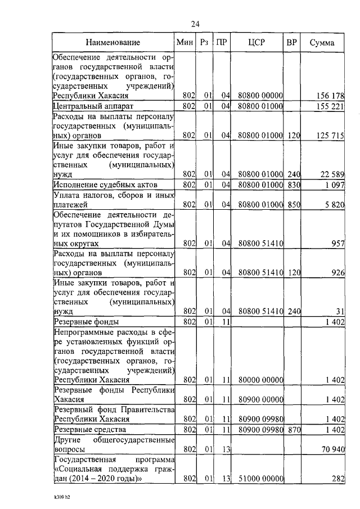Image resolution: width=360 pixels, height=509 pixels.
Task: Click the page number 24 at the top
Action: point(195,23)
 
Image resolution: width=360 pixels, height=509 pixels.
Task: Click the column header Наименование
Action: point(112,43)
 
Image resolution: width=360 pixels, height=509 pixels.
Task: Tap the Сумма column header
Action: point(322,43)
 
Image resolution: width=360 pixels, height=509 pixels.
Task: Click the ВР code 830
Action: point(292,185)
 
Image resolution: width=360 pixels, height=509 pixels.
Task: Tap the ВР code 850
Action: point(292,205)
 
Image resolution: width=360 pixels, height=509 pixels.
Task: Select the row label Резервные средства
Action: point(86,430)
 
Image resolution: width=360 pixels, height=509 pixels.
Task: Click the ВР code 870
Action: point(292,430)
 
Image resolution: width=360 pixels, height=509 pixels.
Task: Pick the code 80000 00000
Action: point(259,381)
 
